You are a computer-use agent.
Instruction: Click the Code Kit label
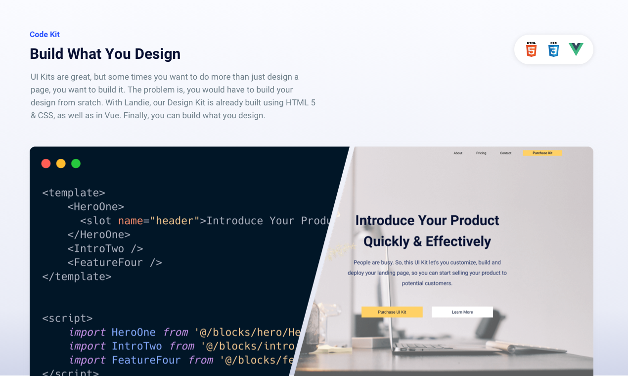45,34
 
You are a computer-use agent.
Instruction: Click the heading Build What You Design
105,53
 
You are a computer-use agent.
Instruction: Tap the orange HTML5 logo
531,49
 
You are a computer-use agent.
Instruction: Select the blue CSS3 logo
553,49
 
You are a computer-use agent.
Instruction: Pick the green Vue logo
576,49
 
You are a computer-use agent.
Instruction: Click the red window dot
46,163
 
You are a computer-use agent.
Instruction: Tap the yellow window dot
61,163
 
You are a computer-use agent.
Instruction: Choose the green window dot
76,163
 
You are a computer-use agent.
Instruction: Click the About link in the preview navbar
458,153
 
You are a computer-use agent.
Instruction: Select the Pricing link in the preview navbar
481,153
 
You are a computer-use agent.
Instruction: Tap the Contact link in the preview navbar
505,153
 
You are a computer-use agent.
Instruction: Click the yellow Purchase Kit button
542,153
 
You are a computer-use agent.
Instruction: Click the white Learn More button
462,312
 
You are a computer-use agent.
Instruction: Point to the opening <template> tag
74,193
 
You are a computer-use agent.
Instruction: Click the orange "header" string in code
175,221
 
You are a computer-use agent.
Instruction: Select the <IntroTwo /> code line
105,248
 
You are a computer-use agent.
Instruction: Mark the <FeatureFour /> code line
115,262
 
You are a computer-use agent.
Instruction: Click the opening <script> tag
67,318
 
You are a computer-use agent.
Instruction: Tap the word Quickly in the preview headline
386,241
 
